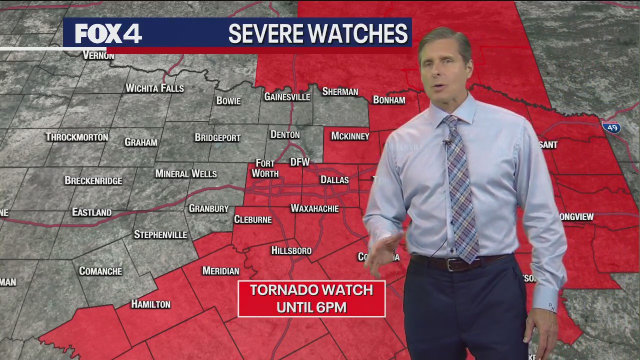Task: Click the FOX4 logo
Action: pos(108,33)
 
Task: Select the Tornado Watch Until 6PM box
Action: pos(311,298)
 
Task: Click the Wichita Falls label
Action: pos(154,88)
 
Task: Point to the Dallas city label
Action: pos(334,179)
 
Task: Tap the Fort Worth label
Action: pos(265,169)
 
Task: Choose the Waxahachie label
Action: pos(314,208)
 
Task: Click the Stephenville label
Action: pos(160,234)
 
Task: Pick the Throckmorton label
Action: pos(76,137)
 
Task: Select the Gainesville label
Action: pos(287,97)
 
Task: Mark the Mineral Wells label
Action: pos(185,174)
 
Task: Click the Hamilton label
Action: pos(150,304)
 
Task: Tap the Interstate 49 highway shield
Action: pos(611,127)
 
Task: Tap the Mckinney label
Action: pos(350,136)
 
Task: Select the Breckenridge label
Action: pos(93,180)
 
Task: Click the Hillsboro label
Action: pos(291,250)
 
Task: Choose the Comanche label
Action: pos(100,271)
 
